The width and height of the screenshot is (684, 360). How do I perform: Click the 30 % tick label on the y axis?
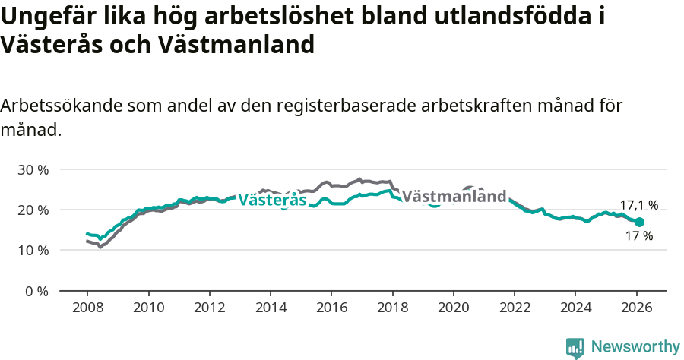point(32,169)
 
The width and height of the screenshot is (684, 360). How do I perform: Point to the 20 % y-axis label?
point(32,210)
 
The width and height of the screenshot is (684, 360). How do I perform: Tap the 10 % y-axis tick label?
point(32,250)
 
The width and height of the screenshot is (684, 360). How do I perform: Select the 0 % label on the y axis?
point(36,291)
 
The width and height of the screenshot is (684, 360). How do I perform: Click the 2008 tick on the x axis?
point(87,309)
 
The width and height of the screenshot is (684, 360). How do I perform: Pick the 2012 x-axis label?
point(209,309)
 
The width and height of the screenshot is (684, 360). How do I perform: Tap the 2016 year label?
point(331,309)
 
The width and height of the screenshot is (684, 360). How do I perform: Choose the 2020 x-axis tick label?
point(453,309)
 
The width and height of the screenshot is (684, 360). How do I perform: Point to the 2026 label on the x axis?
point(636,309)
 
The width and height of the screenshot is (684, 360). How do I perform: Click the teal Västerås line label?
point(272,200)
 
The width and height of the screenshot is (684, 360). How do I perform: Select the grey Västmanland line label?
point(454,197)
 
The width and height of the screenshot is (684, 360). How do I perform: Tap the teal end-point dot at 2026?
point(639,222)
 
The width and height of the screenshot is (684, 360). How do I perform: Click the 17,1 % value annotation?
point(638,205)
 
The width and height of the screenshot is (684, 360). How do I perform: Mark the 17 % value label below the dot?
point(638,236)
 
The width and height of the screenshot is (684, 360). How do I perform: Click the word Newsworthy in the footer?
point(635,347)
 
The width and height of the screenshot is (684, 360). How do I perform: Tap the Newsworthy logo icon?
point(575,348)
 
